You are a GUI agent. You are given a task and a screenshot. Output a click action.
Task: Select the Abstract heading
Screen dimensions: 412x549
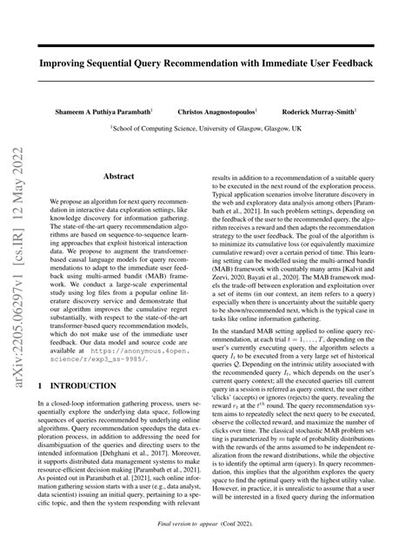point(120,177)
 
